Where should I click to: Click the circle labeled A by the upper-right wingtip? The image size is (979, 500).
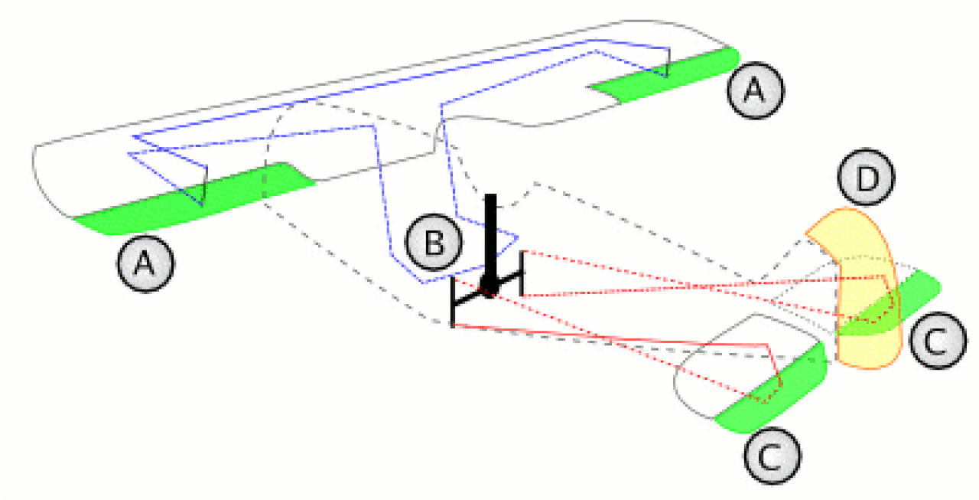[x=755, y=91]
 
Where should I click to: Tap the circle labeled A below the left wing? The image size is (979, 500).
[x=145, y=263]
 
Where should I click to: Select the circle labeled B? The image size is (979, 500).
[x=434, y=244]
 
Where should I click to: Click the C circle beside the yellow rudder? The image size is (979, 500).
[x=938, y=341]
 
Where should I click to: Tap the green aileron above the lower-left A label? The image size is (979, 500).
[x=191, y=201]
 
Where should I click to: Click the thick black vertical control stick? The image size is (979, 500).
[x=490, y=237]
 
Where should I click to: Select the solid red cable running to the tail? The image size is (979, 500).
[x=612, y=336]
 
